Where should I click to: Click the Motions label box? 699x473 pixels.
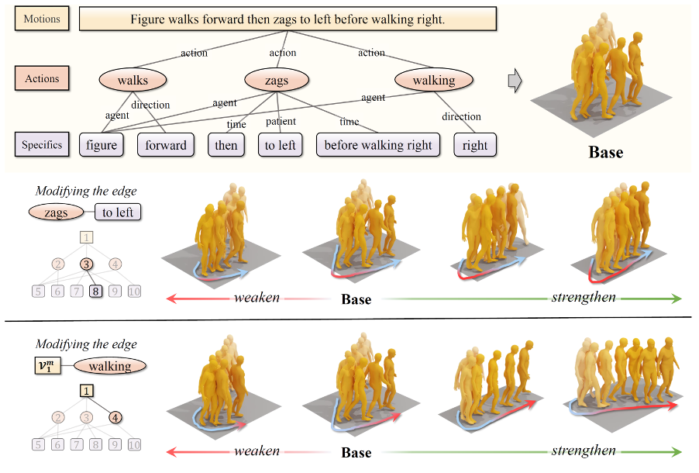[42, 19]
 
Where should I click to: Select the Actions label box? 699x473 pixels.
[42, 78]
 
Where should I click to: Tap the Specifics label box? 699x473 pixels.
[42, 144]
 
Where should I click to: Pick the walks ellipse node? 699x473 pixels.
[133, 80]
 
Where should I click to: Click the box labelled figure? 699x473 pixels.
[102, 145]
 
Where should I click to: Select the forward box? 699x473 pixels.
[166, 145]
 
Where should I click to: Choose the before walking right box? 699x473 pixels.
[379, 145]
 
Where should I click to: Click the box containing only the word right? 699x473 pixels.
[475, 145]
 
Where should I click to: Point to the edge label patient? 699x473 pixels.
[281, 122]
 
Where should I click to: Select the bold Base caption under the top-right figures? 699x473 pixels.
[605, 152]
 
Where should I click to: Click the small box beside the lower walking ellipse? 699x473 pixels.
[50, 366]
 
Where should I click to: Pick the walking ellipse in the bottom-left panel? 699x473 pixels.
[109, 366]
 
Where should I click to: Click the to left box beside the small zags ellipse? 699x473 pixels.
[118, 212]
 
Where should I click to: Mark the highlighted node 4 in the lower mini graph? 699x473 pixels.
[115, 418]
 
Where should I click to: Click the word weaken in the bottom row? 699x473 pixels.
[257, 451]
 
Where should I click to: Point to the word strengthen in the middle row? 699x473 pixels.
[584, 298]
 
